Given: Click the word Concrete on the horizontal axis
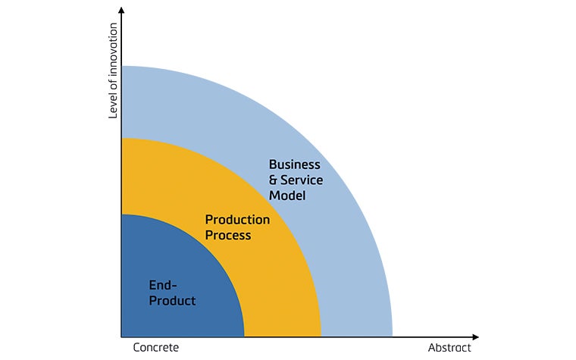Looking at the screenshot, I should coord(156,348).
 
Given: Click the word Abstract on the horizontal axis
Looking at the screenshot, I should coord(449,348).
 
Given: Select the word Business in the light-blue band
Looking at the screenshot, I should coord(295,164).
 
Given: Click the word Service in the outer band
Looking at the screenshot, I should coord(302,180).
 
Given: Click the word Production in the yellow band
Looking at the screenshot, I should coord(238,220).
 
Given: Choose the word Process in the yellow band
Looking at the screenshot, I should coord(228,236).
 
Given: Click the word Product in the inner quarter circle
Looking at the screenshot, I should coord(172,301).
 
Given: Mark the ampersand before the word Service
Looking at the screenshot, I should coord(274,180).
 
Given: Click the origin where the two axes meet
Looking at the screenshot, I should coord(121,337).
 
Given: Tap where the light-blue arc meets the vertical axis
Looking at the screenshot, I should coord(121,67).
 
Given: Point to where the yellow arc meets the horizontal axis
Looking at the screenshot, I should coord(321,337).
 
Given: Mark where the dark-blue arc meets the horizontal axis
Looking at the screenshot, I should coord(244,337).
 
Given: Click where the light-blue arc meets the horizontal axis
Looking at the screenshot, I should coord(393,337).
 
